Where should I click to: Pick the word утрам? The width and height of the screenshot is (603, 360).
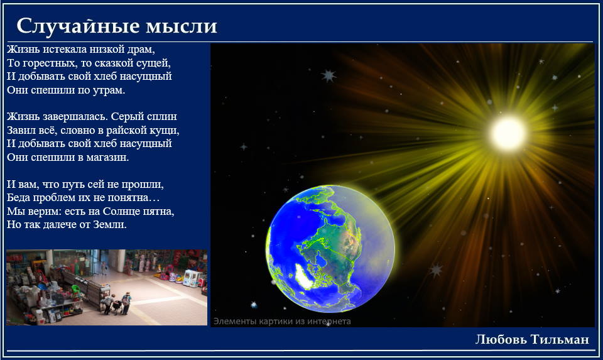[109, 90]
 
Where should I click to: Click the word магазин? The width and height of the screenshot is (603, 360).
[109, 157]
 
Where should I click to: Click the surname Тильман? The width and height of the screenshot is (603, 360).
[560, 339]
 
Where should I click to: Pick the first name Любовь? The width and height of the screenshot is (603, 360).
[501, 339]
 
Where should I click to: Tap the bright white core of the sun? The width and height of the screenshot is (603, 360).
[508, 133]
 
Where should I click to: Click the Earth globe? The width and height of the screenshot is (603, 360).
[330, 248]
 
